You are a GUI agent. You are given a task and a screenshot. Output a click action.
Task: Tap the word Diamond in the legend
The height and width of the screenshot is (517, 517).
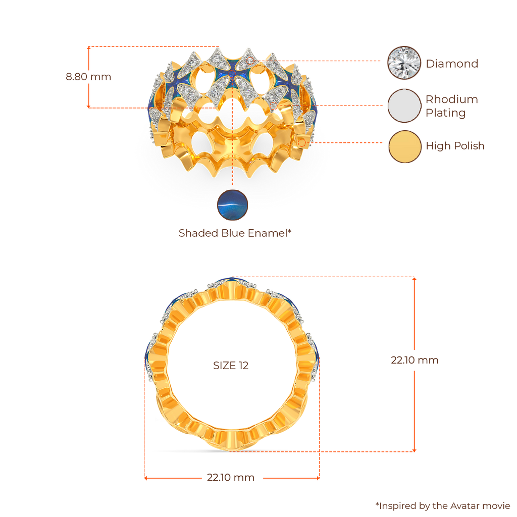pos(451,64)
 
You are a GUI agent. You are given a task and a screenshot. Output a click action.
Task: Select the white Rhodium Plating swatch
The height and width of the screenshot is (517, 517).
pos(404,106)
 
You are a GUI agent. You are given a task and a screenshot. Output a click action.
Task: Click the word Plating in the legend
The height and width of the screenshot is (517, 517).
pos(445,113)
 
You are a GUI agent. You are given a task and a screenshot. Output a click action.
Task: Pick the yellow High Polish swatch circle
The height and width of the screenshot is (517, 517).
pos(404,146)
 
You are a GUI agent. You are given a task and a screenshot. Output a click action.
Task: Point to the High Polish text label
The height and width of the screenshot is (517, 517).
pos(454,146)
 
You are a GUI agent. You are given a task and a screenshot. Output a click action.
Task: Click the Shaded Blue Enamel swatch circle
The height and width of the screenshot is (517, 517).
pos(232,206)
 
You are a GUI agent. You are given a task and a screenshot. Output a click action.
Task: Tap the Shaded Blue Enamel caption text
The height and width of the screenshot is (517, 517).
pos(235,233)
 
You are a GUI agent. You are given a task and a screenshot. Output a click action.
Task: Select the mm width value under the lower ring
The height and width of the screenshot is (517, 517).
pos(230,478)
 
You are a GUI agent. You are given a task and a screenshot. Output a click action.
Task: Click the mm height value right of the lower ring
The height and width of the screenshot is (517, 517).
pos(415,360)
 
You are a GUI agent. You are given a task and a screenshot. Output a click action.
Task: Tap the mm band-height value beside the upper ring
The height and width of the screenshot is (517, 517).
pos(88,77)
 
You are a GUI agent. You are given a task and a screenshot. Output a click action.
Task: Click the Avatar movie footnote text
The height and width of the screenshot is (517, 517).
pos(443,505)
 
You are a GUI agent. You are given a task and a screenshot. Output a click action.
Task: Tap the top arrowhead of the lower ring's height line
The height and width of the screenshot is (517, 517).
pos(415,278)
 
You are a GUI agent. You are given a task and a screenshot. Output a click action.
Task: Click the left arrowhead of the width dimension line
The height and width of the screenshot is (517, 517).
pos(144,477)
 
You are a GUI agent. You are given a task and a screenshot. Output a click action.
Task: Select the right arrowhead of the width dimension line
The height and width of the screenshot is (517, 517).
pos(319,477)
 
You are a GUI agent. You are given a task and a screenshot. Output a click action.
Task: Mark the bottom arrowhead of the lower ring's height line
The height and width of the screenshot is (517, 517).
pos(415,450)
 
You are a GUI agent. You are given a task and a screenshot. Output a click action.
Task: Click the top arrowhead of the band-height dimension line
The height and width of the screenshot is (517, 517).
pos(88,47)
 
